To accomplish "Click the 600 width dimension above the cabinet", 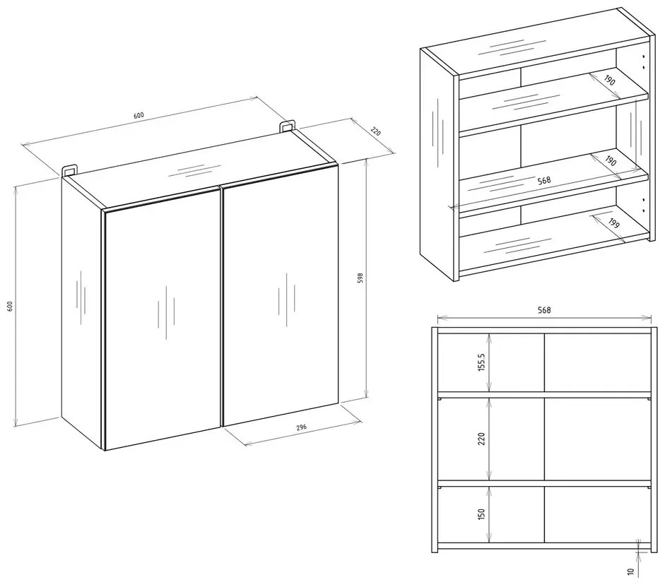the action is coord(139,115).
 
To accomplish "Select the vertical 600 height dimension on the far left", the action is coord(10,306).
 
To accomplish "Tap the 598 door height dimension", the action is coord(360,278).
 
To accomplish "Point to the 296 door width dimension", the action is coord(301,427).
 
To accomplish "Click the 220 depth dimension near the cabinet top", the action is coord(376,131).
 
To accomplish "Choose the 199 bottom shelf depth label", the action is coord(613,223).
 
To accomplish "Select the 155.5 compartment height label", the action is coord(481,362).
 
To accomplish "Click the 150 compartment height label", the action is coord(481,514).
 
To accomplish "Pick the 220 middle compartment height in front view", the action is coord(481,438).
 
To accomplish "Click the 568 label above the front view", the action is coord(544,310).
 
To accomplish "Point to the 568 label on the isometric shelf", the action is coord(544,180).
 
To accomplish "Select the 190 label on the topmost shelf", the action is coord(609,80).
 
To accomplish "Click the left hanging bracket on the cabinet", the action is coord(70,170).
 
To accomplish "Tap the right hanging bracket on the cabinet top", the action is coord(287,126).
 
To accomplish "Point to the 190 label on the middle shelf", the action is coord(611,161).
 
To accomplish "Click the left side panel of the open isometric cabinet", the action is coord(437,165).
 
